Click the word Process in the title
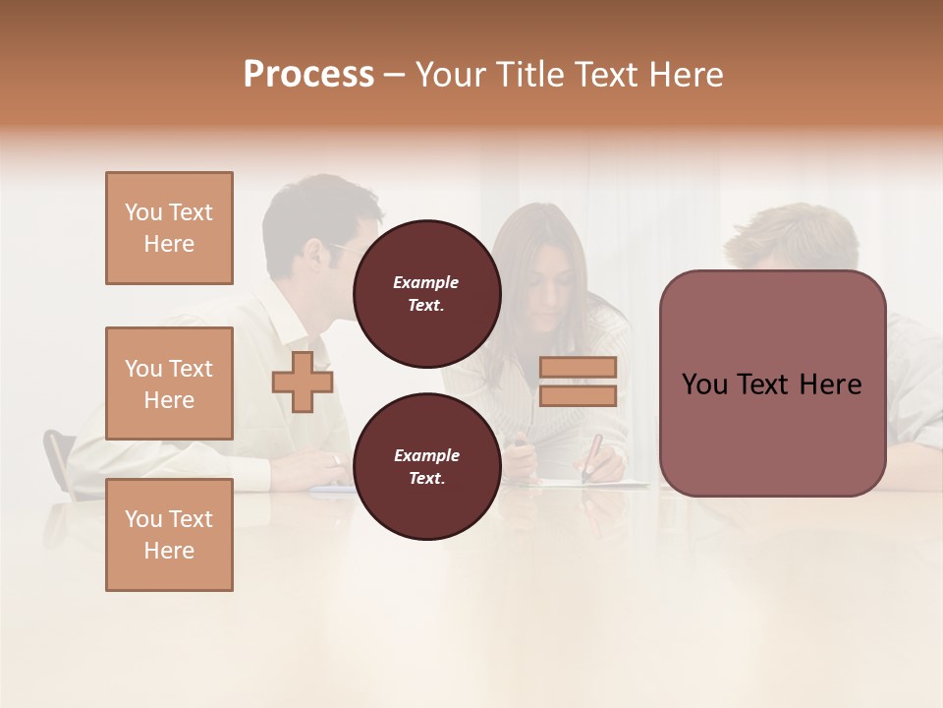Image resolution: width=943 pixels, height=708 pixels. [x=308, y=75]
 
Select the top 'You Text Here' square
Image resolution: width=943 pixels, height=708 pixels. [x=169, y=228]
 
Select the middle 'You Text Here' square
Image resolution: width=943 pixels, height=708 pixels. [x=169, y=383]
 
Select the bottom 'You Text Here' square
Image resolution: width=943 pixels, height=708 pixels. [x=169, y=534]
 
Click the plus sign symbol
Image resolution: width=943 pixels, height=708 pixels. [x=303, y=382]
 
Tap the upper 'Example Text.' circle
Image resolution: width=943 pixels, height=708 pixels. [x=426, y=293]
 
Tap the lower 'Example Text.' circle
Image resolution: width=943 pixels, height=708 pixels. [x=426, y=466]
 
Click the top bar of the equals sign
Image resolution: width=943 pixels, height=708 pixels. [x=578, y=367]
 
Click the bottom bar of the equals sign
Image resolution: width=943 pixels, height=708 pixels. [x=578, y=396]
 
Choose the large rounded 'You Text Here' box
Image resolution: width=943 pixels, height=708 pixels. [x=772, y=383]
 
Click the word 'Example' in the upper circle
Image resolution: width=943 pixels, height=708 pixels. [x=426, y=282]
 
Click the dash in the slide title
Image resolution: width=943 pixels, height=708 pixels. [x=395, y=75]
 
